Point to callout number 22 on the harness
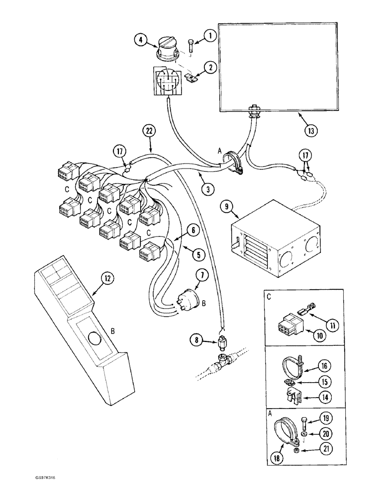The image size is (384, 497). pos(149,131)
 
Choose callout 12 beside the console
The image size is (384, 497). pos(106,279)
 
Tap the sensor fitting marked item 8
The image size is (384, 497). pos(222,343)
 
